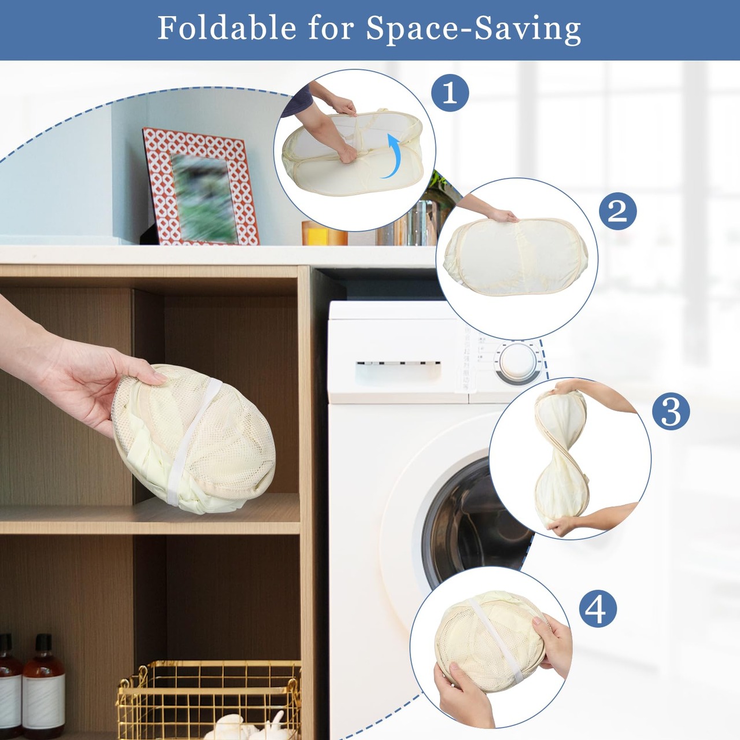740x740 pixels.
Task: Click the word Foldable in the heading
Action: [x=227, y=28]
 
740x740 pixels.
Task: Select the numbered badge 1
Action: [x=450, y=93]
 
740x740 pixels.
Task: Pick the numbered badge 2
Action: [x=618, y=211]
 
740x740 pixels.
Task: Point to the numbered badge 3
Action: [x=671, y=411]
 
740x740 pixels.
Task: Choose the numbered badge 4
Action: [x=598, y=609]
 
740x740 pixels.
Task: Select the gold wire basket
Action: [x=209, y=700]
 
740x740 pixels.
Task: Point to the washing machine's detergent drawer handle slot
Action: [x=398, y=364]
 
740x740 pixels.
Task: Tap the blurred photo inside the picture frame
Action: [x=203, y=198]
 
